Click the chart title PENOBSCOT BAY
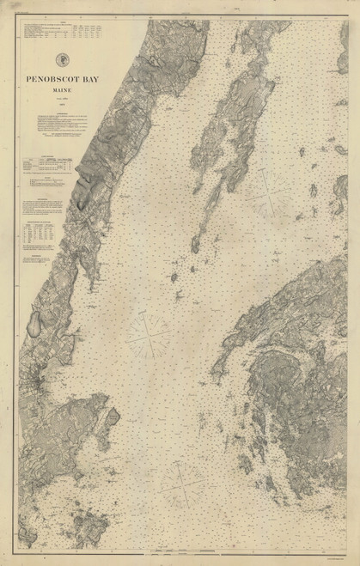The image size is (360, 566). (62, 79)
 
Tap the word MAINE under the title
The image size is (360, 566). (62, 89)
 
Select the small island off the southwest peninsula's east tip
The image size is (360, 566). (113, 417)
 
